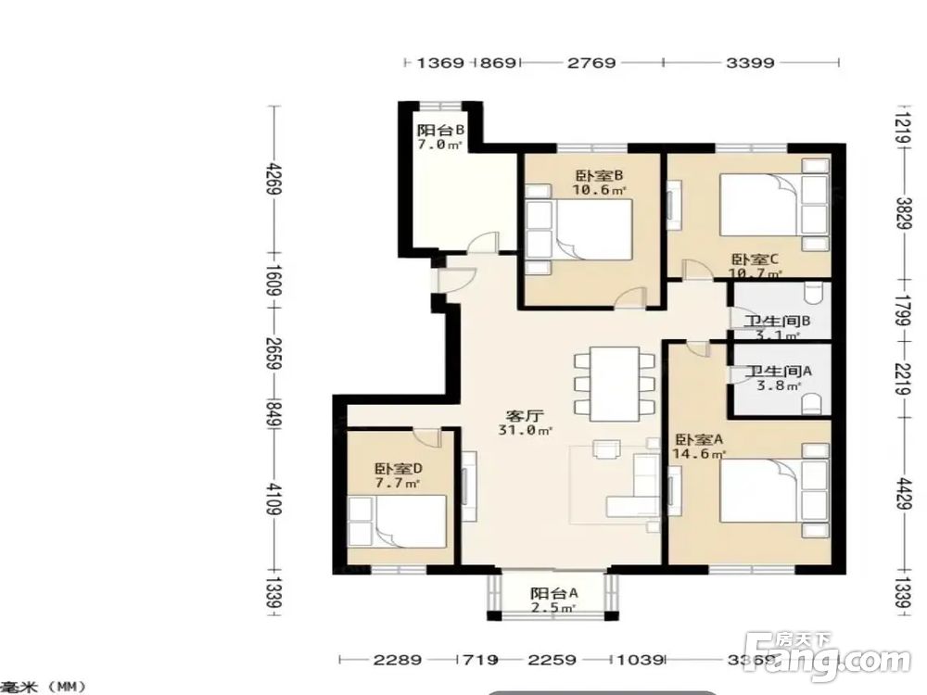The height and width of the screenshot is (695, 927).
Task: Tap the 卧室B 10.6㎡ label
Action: [x=598, y=183]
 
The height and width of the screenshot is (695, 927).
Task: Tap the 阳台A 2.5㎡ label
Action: [x=553, y=600]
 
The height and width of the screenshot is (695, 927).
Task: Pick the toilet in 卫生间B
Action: [x=814, y=295]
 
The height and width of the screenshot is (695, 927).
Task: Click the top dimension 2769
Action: [x=591, y=63]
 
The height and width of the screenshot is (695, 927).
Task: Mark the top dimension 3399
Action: [x=750, y=63]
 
